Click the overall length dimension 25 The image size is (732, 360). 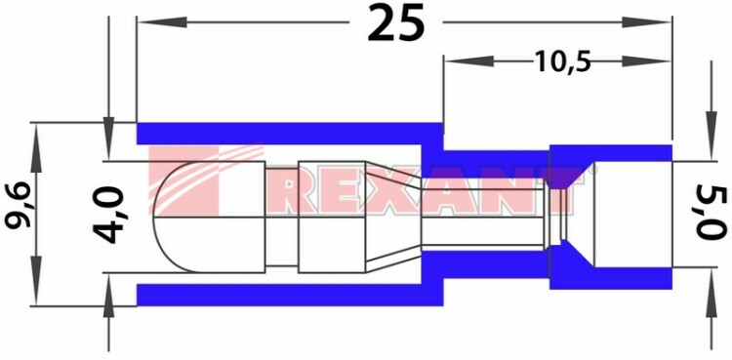coord(396,21)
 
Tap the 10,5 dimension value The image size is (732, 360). coord(562,61)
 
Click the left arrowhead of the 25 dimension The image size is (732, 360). coord(161,21)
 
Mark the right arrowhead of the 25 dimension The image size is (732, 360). coord(647,21)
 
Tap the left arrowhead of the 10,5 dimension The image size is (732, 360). coord(468,61)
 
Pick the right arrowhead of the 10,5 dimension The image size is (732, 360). coord(647,61)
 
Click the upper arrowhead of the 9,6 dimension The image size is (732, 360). coord(35,147)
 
